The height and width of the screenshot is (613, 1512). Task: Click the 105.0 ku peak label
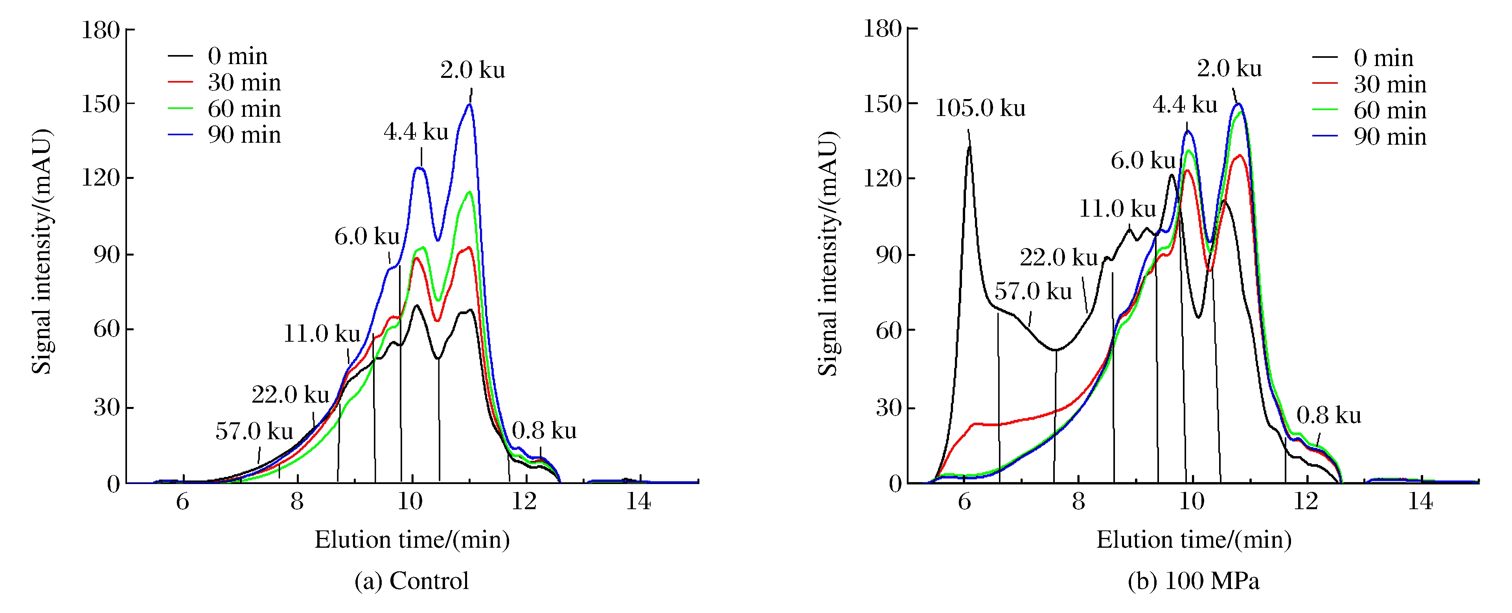980,109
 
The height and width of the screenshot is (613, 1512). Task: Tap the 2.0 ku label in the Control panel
473,70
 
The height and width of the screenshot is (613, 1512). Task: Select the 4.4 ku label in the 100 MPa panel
1185,105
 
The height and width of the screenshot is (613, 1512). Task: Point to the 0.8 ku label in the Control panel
544,431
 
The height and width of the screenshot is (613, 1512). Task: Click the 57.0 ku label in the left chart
254,432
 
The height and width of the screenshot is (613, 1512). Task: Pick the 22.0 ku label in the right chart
1058,258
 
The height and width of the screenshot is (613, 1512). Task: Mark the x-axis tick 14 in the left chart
638,502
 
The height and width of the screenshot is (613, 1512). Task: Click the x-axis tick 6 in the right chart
964,502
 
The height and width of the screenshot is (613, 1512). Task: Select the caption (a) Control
412,581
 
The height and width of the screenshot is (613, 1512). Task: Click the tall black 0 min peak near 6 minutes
969,147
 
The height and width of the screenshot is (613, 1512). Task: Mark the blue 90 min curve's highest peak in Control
469,105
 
